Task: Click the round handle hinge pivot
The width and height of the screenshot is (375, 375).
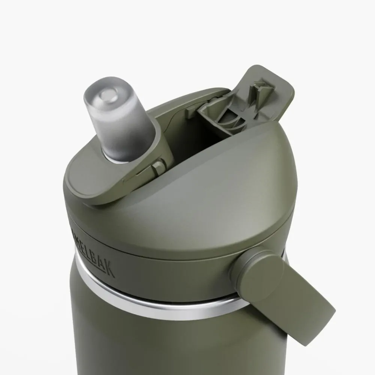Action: point(259,262)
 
